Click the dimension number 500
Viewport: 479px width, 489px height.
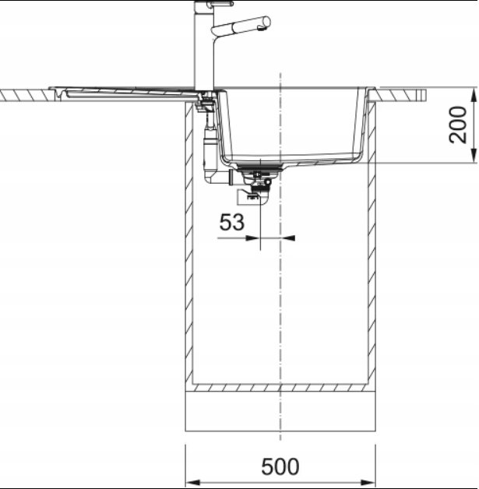tap(280, 466)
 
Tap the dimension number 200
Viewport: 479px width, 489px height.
tap(458, 125)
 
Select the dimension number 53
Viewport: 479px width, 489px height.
tap(231, 222)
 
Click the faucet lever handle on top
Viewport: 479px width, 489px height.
tap(217, 4)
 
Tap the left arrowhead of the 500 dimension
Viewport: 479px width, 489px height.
tap(192, 482)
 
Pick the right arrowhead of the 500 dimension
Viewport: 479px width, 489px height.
tap(368, 482)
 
